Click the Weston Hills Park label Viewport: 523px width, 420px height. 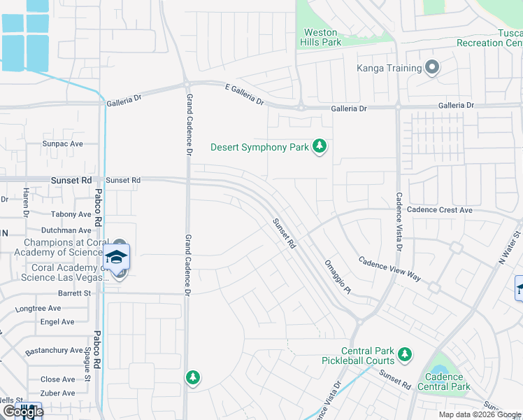pyautogui.click(x=322, y=38)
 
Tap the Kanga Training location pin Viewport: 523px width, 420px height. pyautogui.click(x=432, y=68)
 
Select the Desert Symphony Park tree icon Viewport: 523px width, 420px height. pyautogui.click(x=320, y=146)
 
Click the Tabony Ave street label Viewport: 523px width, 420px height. pyautogui.click(x=71, y=214)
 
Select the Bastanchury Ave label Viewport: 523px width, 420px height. pyautogui.click(x=55, y=350)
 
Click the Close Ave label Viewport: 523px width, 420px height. pyautogui.click(x=58, y=379)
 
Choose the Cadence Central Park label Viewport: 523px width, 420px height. pyautogui.click(x=444, y=381)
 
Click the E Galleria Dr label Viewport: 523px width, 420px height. pyautogui.click(x=244, y=94)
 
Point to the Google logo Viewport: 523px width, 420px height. pyautogui.click(x=23, y=412)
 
